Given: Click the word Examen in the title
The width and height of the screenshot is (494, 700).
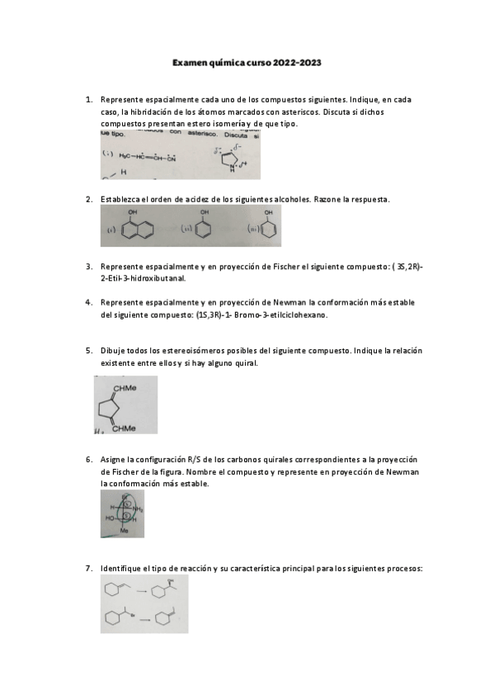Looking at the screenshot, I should (191, 62).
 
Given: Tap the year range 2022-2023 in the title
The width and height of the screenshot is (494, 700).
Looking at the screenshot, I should (299, 62).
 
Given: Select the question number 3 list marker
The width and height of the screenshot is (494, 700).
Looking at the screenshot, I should (89, 267).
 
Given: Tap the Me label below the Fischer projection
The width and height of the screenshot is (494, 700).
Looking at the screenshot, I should (125, 532).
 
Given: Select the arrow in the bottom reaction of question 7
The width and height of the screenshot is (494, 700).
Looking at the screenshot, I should (142, 619).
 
